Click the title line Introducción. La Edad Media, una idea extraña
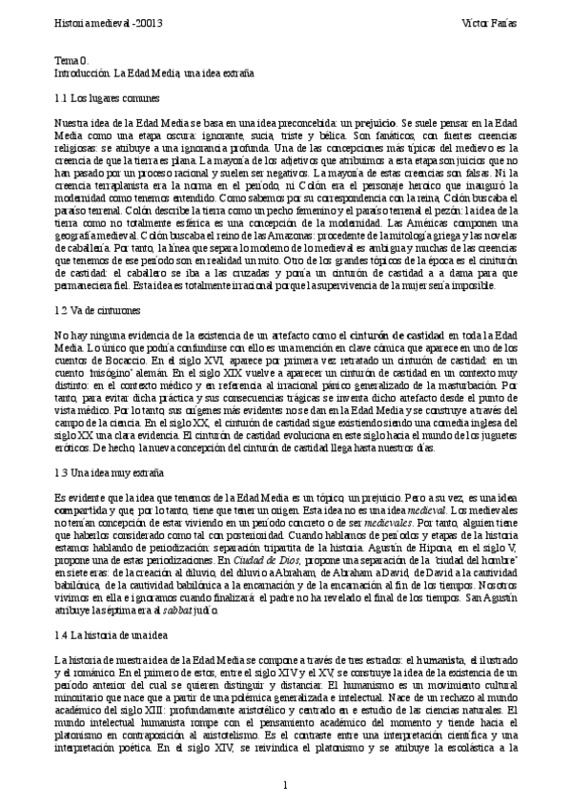click(x=155, y=72)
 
